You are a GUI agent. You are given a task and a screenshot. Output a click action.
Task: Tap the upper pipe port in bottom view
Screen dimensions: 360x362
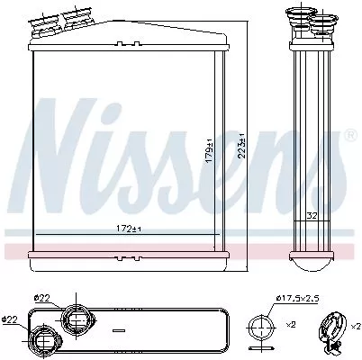[x=74, y=319]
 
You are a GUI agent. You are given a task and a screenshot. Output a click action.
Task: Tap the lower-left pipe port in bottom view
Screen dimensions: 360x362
[x=43, y=340]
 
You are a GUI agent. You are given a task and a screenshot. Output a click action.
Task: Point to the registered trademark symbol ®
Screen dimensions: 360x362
[x=349, y=136]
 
